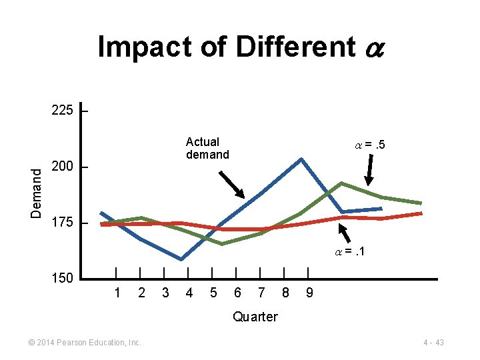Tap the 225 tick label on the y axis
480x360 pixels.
pos(63,110)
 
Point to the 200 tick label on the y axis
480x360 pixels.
pos(63,167)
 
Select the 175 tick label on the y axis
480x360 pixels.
pos(63,223)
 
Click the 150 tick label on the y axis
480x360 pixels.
pos(63,278)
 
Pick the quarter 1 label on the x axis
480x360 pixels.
pos(117,292)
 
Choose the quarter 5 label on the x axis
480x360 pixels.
pos(213,292)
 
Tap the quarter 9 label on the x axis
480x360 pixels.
pos(308,292)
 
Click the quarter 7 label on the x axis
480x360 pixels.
pos(261,292)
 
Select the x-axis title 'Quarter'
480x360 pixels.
pos(255,317)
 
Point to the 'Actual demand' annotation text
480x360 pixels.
pos(207,148)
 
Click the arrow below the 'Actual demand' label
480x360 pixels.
pos(232,185)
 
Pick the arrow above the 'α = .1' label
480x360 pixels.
pos(345,231)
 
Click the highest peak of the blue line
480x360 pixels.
pos(301,159)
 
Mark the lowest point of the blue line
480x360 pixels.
pos(181,259)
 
